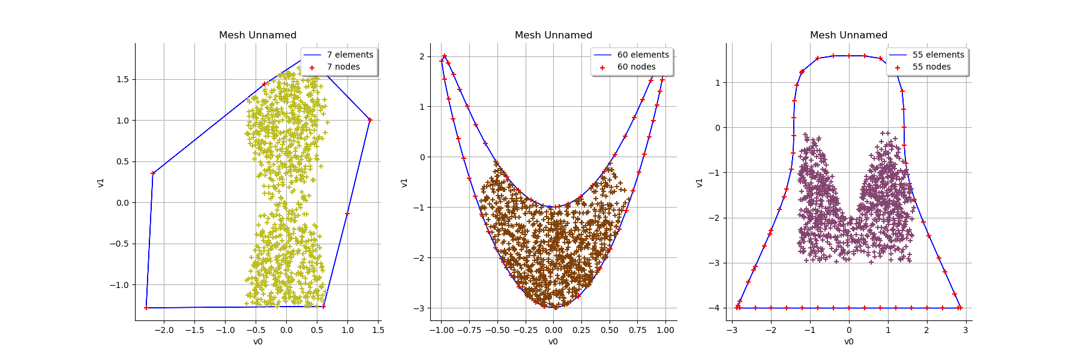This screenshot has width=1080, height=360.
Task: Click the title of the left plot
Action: [257, 35]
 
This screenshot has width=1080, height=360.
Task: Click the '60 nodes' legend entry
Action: [636, 67]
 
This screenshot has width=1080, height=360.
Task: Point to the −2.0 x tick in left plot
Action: [164, 330]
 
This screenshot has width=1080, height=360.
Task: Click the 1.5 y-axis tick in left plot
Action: [122, 79]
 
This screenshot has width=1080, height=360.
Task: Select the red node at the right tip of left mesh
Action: [370, 120]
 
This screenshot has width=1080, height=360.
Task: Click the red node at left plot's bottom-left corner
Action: [146, 308]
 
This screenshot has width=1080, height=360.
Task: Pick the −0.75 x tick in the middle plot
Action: [469, 330]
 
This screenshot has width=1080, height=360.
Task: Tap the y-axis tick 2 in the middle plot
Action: [422, 56]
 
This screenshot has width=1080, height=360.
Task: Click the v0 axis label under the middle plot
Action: [553, 342]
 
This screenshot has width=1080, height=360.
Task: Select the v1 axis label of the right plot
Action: [700, 182]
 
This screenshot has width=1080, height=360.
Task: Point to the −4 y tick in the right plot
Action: [714, 308]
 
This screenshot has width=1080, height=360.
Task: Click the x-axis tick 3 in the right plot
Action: [965, 330]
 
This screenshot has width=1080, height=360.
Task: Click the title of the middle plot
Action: [553, 35]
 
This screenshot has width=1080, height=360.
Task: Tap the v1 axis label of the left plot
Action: [101, 182]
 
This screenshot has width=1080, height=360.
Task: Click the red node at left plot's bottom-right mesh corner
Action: [323, 307]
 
